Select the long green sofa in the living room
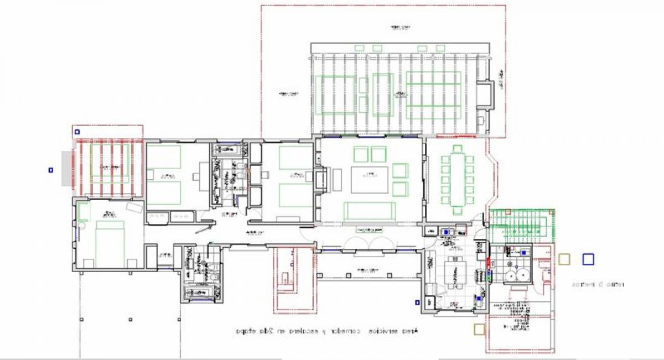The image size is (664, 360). pos(369,210)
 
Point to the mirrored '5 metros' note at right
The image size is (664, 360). pos(598,285)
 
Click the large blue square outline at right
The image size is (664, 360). pos(588,259)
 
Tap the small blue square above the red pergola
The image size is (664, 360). pos(77,132)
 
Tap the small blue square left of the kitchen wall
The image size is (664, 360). pos(417,302)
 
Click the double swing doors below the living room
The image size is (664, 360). pos(369,242)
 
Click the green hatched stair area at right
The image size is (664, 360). pos(521,225)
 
